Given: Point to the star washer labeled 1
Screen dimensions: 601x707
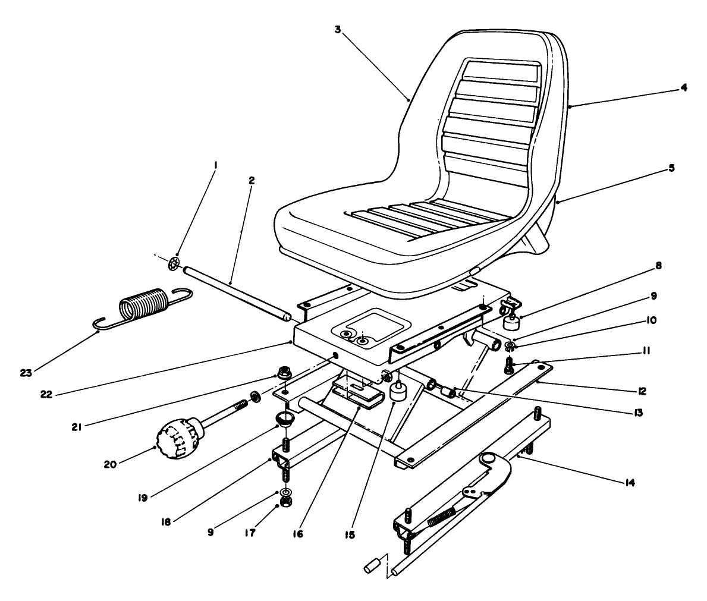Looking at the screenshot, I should pyautogui.click(x=173, y=263).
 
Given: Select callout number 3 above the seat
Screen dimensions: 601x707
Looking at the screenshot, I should pyautogui.click(x=337, y=29).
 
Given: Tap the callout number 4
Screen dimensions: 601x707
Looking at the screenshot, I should pyautogui.click(x=684, y=87).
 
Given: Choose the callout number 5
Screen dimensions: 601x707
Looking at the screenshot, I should pyautogui.click(x=671, y=168).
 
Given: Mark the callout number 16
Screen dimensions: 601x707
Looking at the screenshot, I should pyautogui.click(x=297, y=533).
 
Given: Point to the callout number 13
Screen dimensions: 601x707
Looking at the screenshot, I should pyautogui.click(x=637, y=411).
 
